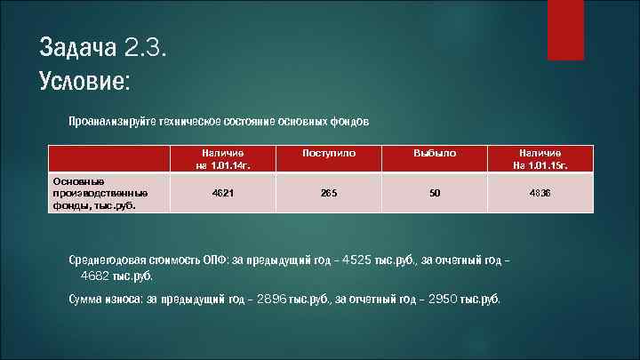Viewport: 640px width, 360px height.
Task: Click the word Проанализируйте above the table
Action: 112,120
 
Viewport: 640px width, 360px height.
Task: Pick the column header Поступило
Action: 329,154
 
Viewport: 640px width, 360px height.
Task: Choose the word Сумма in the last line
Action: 88,299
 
